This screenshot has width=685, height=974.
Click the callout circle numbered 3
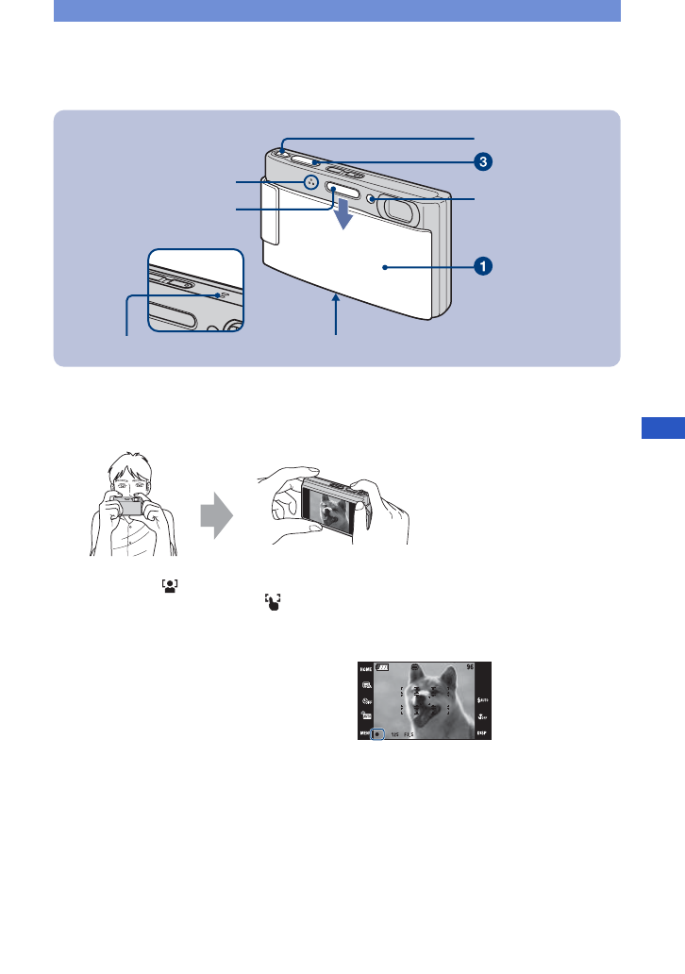482,161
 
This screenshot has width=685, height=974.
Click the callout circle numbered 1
482,267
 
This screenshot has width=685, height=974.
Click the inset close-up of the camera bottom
195,290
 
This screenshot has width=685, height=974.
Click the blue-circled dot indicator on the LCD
378,732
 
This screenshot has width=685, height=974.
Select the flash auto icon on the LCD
482,700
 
